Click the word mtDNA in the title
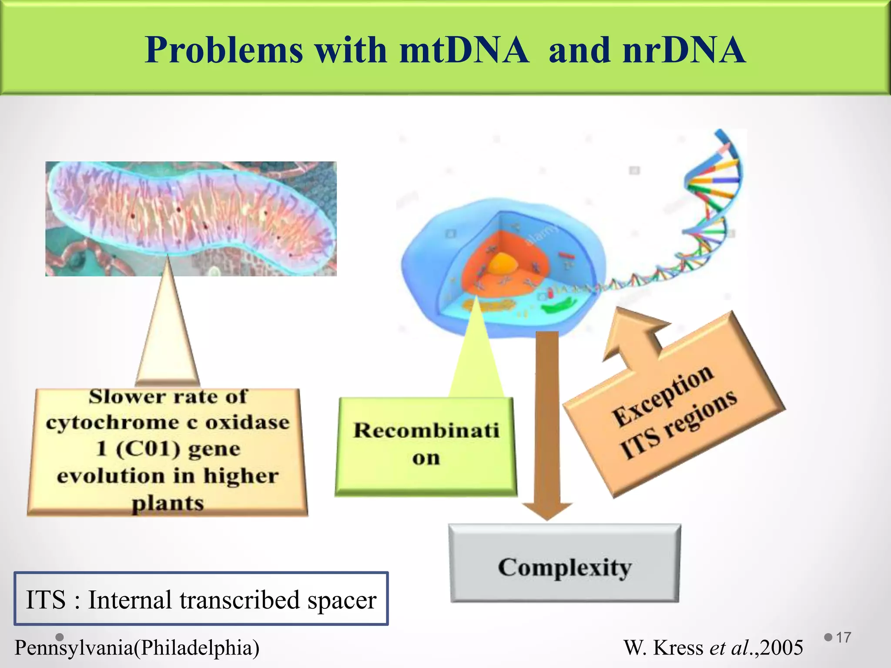[464, 50]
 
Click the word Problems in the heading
[224, 50]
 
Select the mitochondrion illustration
[191, 218]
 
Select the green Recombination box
[426, 446]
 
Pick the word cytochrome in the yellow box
[112, 423]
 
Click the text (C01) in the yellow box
[148, 449]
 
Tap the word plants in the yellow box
[167, 504]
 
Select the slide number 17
[843, 638]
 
